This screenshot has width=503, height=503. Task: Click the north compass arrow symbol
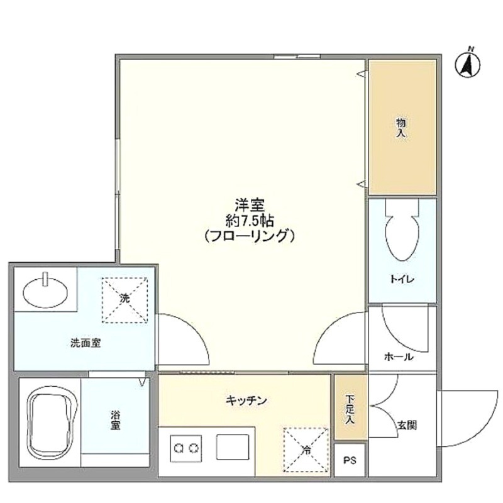467,65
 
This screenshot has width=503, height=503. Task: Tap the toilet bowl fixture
402,230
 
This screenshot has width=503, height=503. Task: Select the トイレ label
402,279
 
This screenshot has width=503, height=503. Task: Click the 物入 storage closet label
401,128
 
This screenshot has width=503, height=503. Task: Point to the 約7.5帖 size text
250,221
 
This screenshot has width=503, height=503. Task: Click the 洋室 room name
250,205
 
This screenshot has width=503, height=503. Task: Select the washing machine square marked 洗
124,300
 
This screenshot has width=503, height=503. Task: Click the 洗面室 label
86,343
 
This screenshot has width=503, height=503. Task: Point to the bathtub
52,422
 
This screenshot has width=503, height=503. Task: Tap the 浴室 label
116,420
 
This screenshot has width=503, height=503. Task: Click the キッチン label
246,401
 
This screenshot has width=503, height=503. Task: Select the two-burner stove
186,448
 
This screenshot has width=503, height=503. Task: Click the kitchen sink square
233,447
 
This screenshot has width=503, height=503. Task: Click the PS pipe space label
350,461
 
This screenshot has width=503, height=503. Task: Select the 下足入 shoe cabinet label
350,409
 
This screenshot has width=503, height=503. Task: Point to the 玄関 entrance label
407,426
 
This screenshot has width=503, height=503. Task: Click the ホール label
399,357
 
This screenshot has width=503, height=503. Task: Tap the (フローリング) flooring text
250,236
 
